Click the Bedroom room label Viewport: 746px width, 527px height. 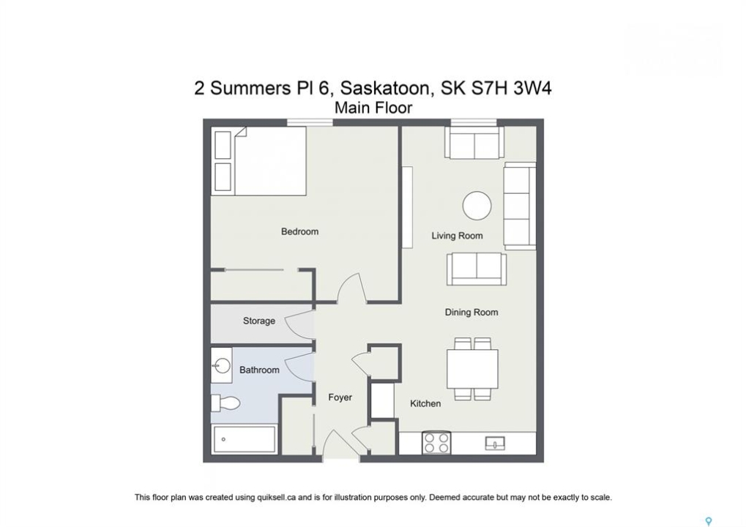tap(299, 231)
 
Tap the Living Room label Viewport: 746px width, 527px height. tap(457, 236)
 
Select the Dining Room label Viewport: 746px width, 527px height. tap(471, 313)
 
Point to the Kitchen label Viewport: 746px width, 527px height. tap(425, 403)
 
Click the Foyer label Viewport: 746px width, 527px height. tap(340, 397)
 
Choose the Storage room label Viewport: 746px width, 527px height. tap(259, 321)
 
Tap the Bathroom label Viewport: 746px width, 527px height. tap(259, 370)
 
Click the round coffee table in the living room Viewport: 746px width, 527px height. tap(477, 206)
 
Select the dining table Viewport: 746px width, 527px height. tap(472, 369)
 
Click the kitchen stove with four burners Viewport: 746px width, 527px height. tap(436, 442)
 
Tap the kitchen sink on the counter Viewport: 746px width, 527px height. tap(495, 444)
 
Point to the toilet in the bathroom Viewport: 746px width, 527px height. tap(225, 404)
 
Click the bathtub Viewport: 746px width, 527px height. tap(245, 439)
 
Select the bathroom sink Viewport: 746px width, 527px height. tap(222, 366)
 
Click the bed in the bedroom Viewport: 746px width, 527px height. tap(259, 161)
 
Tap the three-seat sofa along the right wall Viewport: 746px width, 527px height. tap(520, 206)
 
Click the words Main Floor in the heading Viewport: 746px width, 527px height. tap(373, 108)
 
